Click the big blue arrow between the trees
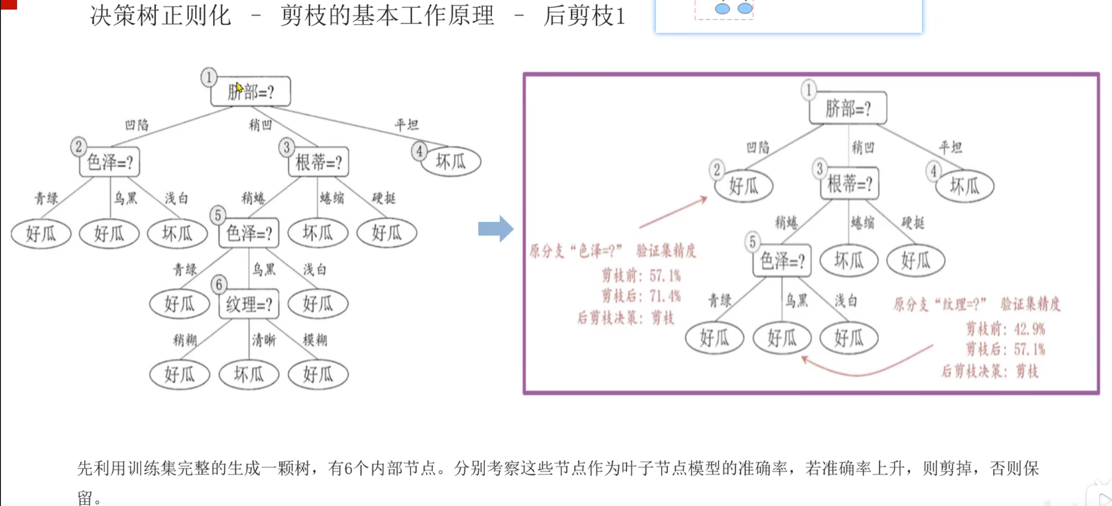(x=496, y=229)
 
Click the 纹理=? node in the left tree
(x=249, y=304)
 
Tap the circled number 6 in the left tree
(x=219, y=284)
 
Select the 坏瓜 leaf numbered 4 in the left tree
(x=451, y=162)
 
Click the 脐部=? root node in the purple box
(x=848, y=108)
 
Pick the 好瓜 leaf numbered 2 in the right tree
(x=743, y=185)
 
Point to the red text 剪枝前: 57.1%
(x=641, y=275)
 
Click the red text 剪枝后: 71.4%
(x=641, y=296)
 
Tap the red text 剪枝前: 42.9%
(x=1005, y=329)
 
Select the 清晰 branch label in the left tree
(x=264, y=340)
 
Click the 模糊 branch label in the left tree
(x=315, y=340)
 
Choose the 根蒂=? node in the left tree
(x=318, y=162)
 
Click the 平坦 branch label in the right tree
(x=950, y=147)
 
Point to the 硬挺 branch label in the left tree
(x=384, y=198)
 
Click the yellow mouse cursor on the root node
(x=239, y=87)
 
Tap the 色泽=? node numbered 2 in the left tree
(x=110, y=162)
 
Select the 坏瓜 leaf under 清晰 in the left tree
(x=249, y=374)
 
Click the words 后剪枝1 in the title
(x=584, y=16)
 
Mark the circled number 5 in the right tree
(x=752, y=242)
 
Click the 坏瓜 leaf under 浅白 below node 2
(x=177, y=233)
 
